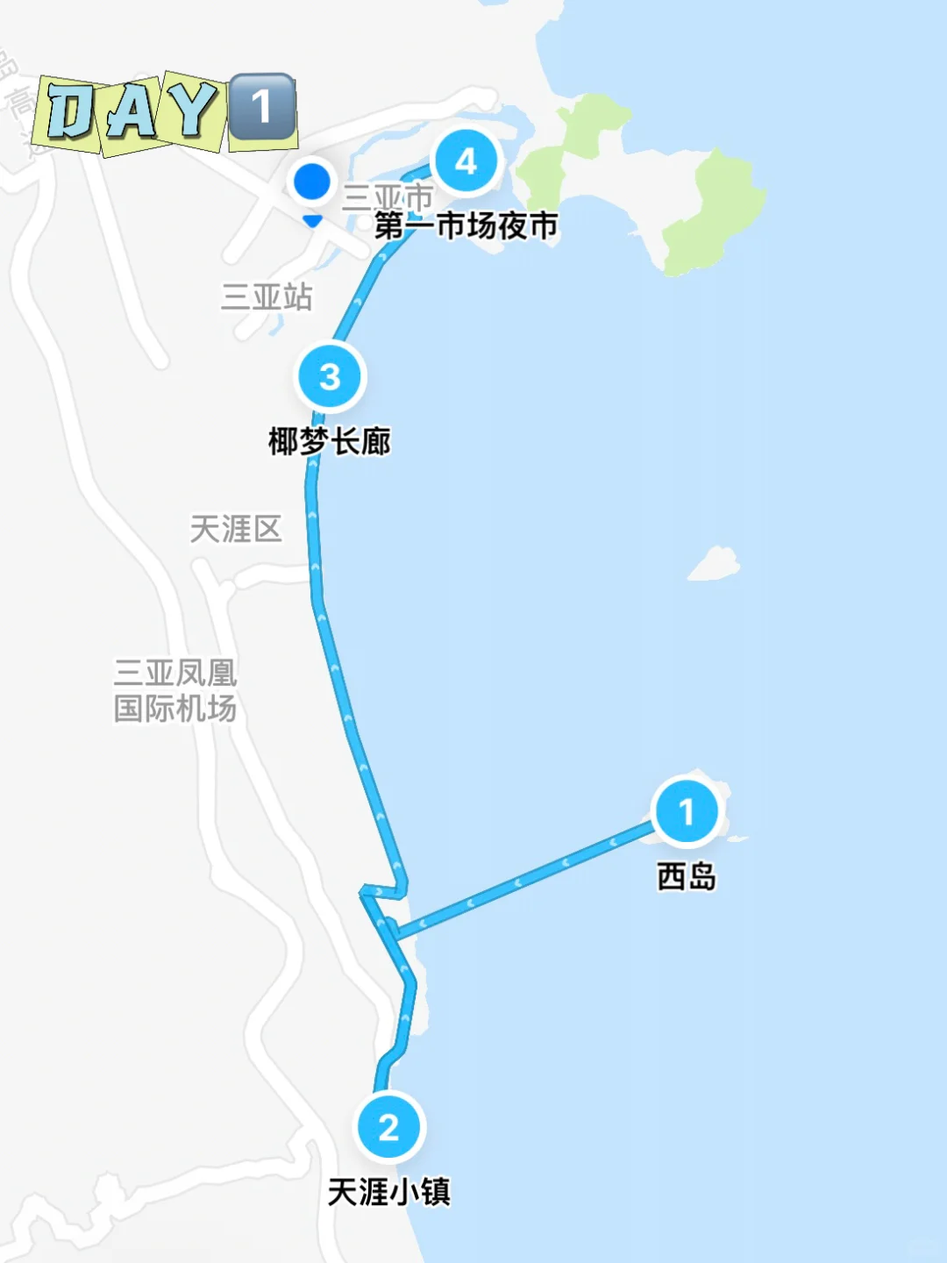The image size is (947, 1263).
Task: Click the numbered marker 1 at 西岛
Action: [x=687, y=811]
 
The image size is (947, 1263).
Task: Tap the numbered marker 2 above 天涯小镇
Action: [x=389, y=1127]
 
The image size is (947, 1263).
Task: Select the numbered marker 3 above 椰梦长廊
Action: [x=330, y=377]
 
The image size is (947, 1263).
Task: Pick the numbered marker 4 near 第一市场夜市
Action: [x=466, y=161]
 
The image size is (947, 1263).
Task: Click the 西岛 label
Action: [x=687, y=876]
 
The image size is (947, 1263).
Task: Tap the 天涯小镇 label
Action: [x=389, y=1192]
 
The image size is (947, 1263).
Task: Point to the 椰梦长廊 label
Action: [x=330, y=441]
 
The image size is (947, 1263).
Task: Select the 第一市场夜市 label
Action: [x=466, y=226]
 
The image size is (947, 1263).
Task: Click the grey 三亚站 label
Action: [x=267, y=296]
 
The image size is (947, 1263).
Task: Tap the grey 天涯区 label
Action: [x=236, y=529]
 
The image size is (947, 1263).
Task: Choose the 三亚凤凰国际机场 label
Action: [x=175, y=691]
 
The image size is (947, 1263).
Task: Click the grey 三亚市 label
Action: [x=388, y=196]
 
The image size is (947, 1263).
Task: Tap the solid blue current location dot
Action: [x=311, y=182]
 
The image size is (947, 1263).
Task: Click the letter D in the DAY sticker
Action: [x=69, y=112]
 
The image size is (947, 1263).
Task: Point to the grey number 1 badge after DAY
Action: [x=261, y=107]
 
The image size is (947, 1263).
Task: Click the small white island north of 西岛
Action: [x=715, y=564]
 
